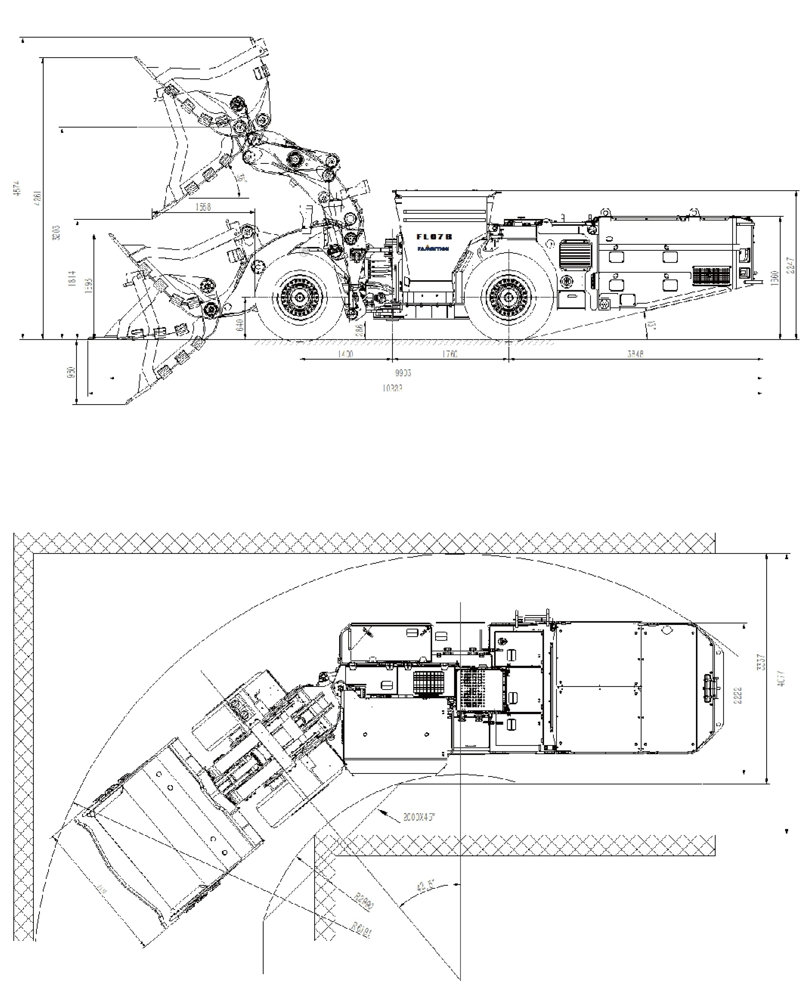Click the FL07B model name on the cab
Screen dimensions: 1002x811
pos(434,237)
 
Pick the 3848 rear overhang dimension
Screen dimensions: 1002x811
pos(635,354)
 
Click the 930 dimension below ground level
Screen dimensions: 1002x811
pos(71,372)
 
